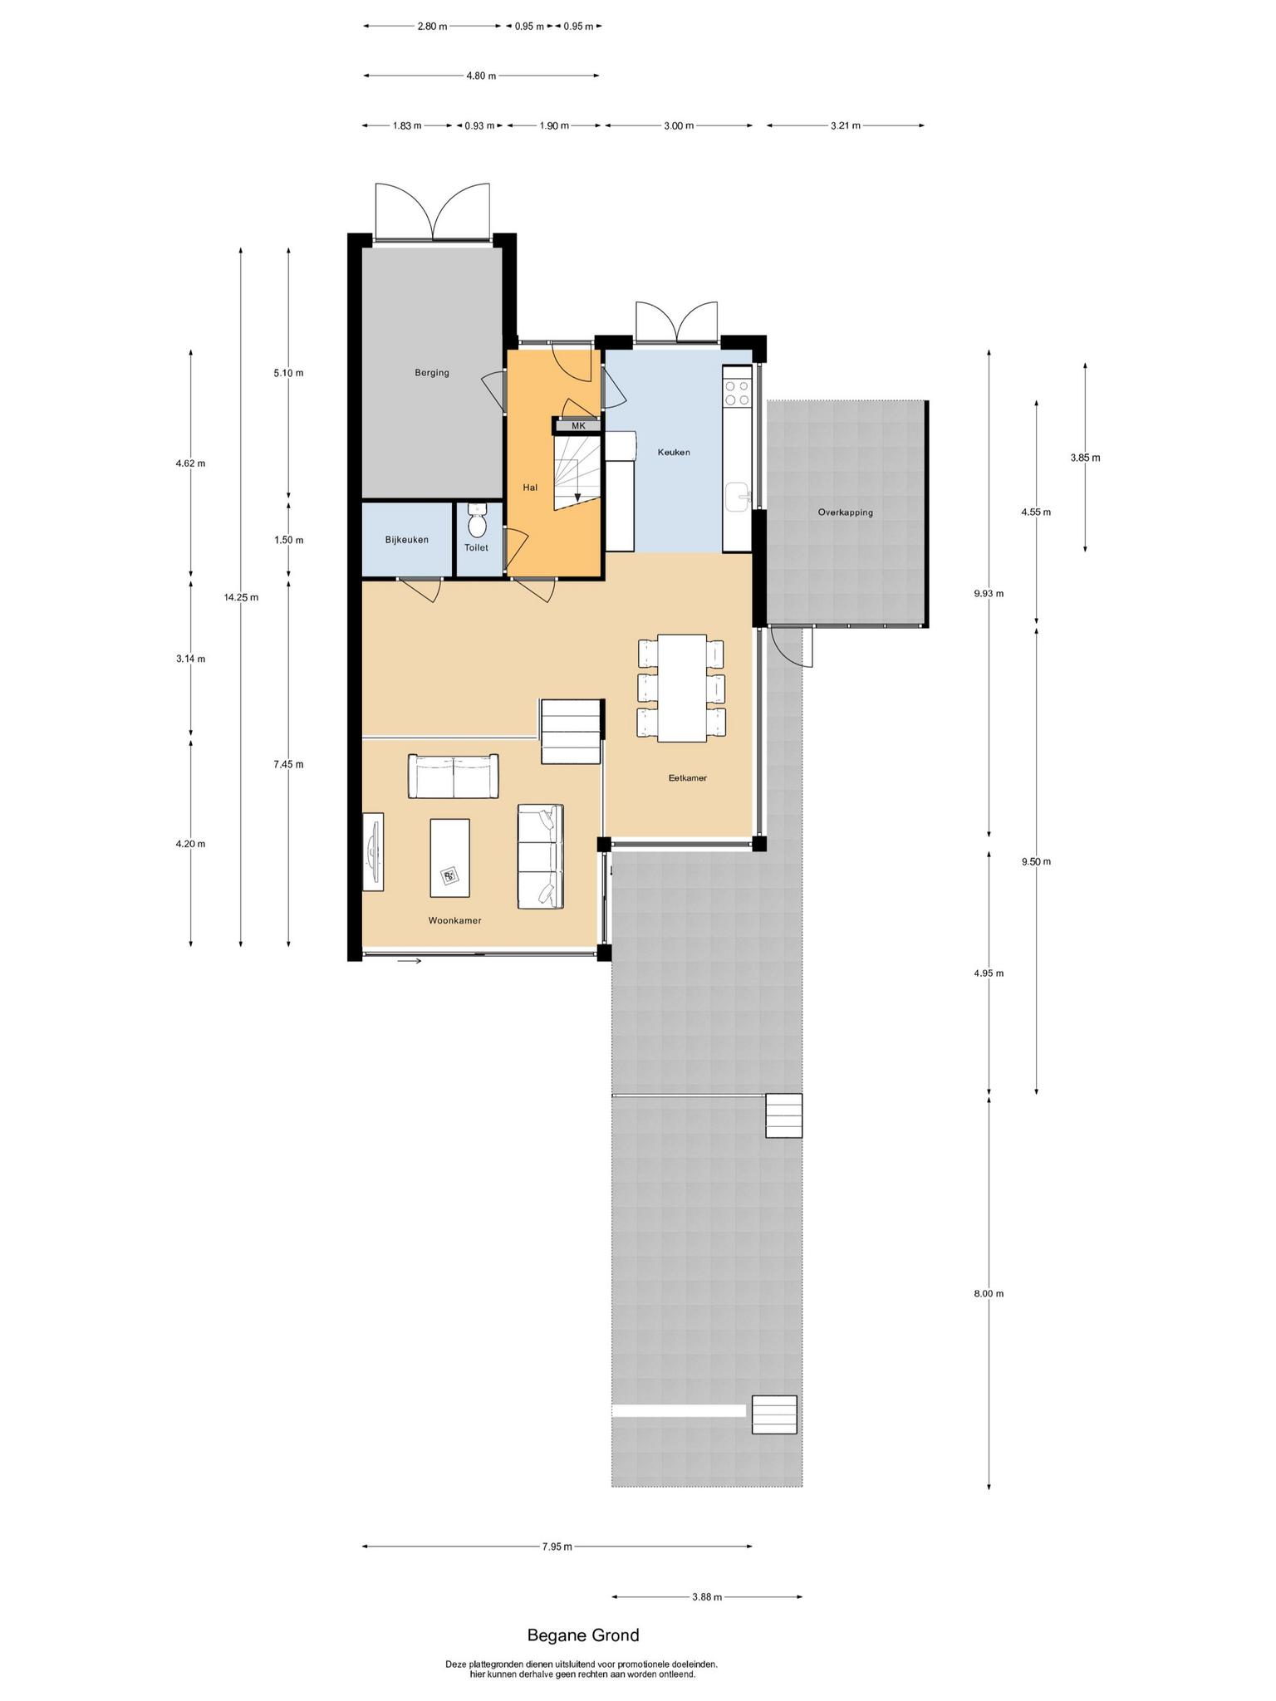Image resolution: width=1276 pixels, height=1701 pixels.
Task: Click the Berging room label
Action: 432,373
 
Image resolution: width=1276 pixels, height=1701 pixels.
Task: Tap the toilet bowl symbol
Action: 477,521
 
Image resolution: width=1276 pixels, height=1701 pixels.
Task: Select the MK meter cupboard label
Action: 578,426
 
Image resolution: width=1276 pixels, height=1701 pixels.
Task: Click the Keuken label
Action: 674,453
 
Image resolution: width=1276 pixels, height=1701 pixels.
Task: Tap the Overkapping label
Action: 846,512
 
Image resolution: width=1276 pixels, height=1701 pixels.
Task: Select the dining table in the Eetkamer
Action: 681,688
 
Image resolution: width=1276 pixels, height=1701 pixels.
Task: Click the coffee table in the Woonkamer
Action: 449,858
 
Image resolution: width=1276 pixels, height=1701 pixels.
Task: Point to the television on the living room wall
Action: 374,851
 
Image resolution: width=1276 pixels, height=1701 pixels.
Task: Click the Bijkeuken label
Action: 407,540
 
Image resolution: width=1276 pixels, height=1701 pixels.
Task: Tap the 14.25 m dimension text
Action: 241,597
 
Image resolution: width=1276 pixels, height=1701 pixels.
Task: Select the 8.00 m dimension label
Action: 989,1294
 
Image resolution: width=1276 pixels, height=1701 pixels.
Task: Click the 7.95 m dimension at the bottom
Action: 557,1547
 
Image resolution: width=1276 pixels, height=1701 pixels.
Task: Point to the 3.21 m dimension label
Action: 846,125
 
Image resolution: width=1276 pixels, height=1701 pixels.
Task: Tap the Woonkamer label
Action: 455,920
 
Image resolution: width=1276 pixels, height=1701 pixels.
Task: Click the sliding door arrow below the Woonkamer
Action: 410,962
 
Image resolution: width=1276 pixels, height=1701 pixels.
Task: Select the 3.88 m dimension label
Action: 707,1596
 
